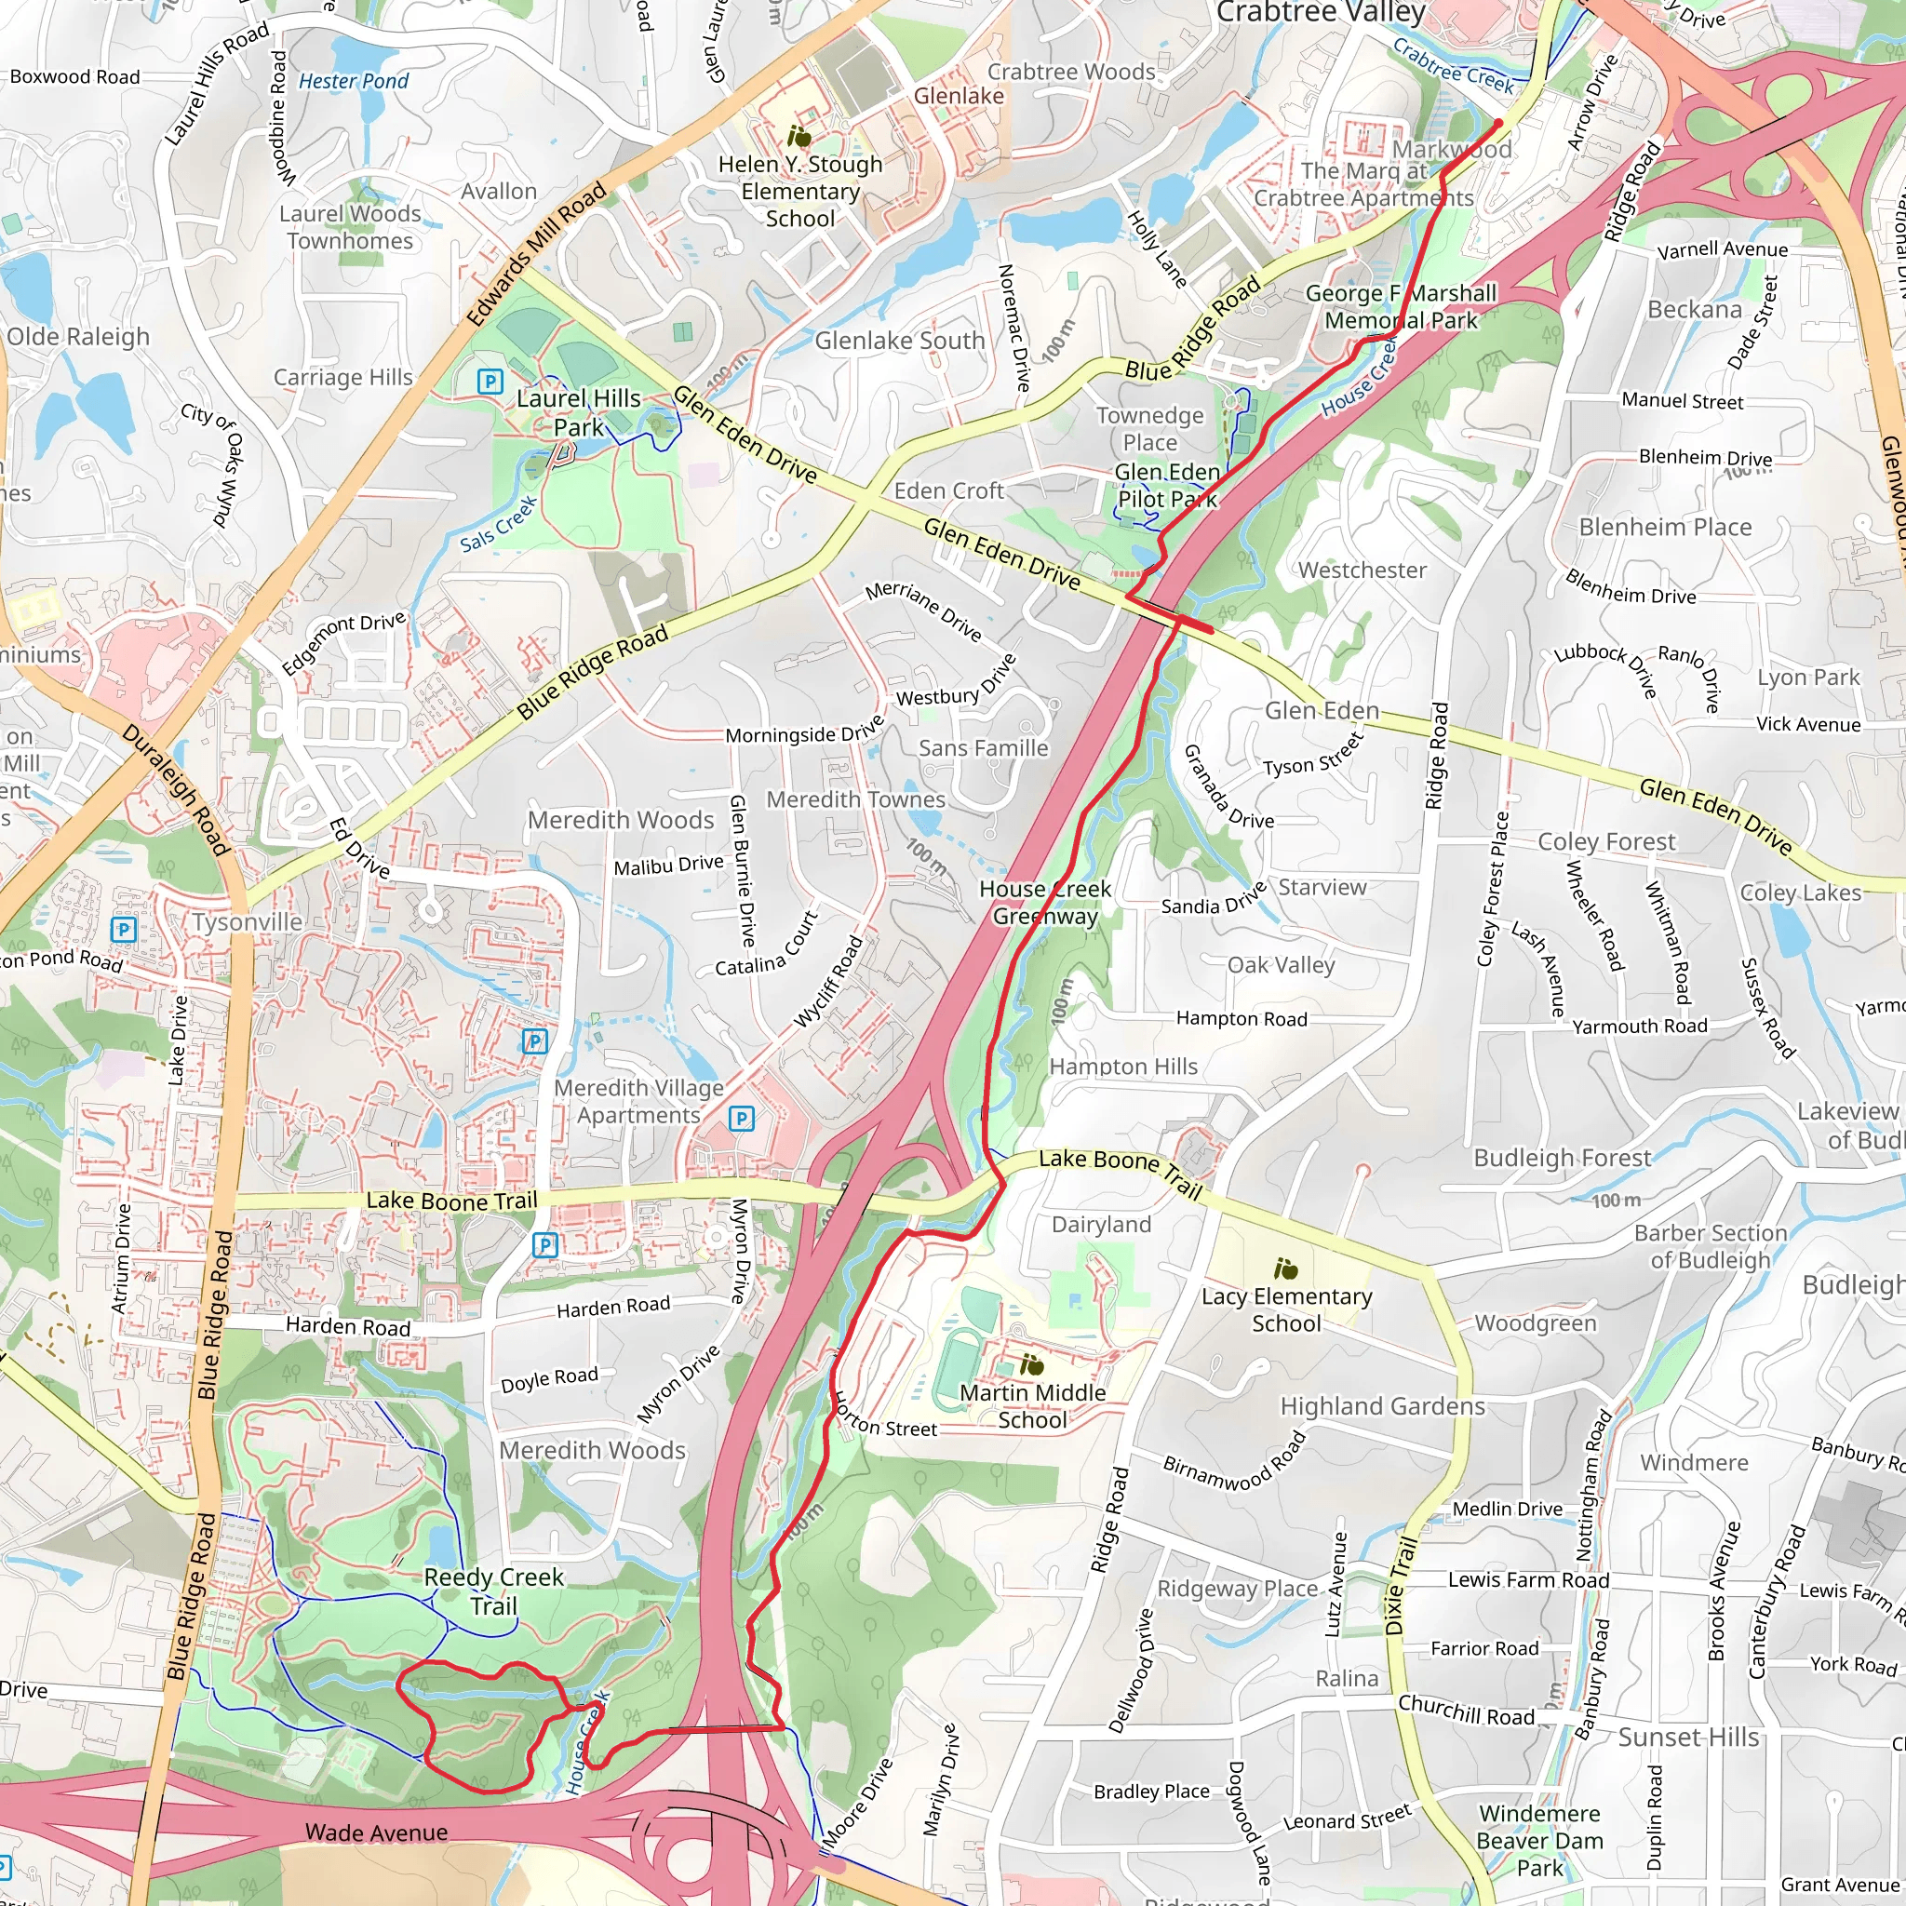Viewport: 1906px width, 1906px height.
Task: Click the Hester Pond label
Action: (353, 81)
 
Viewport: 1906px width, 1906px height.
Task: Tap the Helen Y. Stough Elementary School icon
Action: (799, 136)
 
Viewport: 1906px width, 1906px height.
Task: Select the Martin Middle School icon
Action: (1031, 1365)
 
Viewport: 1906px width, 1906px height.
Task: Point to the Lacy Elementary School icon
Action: (1285, 1268)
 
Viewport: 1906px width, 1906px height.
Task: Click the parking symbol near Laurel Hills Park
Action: (490, 381)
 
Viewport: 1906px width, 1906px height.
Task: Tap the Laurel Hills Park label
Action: (579, 412)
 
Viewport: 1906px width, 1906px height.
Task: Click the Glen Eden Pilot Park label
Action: (1167, 486)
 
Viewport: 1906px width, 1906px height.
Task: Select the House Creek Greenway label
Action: (1045, 903)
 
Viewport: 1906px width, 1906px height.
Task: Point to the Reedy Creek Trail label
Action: (493, 1591)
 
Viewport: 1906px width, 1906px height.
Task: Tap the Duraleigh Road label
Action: (176, 789)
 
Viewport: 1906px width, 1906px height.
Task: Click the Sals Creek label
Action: (498, 524)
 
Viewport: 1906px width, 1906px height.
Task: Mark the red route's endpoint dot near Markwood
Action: (1498, 124)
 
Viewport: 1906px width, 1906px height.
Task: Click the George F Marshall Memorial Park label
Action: (1401, 307)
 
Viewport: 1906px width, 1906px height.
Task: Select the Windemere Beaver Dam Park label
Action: (1540, 1840)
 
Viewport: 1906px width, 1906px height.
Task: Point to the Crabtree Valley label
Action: (1321, 13)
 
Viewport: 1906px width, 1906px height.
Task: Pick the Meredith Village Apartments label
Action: (638, 1101)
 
